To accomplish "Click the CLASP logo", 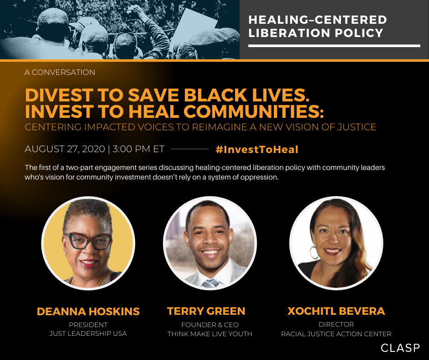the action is [400, 348].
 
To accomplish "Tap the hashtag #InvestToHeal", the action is [257, 149].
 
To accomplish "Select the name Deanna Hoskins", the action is [88, 312].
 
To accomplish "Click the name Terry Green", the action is [206, 311].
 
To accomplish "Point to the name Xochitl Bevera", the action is [336, 311].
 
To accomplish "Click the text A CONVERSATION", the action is [60, 72].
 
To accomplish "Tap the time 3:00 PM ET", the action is [138, 149].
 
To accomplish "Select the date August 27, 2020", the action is [65, 149].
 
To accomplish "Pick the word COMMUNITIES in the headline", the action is [253, 111].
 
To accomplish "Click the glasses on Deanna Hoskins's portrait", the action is [88, 241].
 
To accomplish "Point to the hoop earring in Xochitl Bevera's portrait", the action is [314, 252].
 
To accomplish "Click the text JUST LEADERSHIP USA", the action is [88, 334].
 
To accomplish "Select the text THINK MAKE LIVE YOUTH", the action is [210, 334].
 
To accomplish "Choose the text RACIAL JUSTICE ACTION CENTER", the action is [336, 334].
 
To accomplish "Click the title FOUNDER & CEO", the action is [210, 325].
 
